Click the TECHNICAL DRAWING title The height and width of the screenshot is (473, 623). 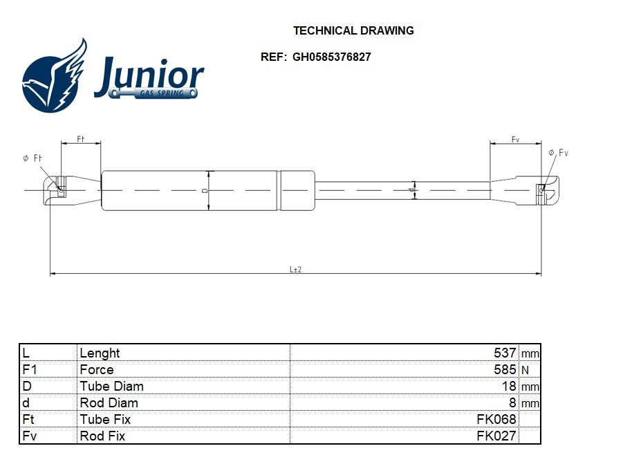click(353, 30)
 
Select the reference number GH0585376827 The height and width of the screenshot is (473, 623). click(331, 57)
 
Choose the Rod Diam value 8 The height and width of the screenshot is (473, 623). click(512, 402)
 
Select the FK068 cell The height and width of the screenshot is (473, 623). click(496, 419)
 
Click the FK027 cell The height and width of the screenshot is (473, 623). click(496, 436)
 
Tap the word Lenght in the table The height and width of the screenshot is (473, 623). click(100, 353)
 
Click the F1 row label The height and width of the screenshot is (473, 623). click(30, 369)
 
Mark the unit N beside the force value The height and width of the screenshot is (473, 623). click(525, 370)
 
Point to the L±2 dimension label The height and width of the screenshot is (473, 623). click(295, 269)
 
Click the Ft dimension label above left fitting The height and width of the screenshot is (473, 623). click(80, 139)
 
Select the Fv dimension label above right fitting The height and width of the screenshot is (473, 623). click(515, 140)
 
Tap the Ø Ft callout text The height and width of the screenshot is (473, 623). click(32, 158)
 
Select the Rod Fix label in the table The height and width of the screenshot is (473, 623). click(102, 436)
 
